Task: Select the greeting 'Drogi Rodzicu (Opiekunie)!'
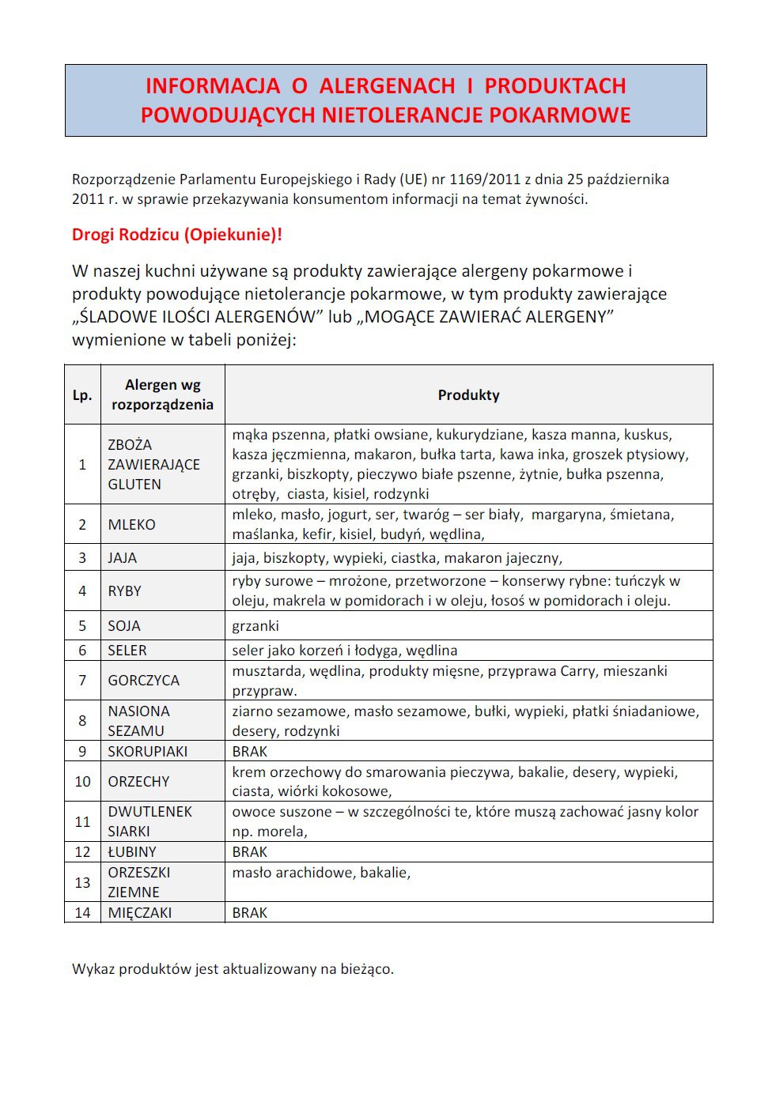176,235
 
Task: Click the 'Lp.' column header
82,395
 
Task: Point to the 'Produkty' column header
468,395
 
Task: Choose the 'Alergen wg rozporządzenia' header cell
162,395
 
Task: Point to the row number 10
82,782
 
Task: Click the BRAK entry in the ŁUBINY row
250,852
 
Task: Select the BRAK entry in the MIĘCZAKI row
250,913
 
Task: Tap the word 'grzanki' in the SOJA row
256,626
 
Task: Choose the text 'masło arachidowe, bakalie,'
321,873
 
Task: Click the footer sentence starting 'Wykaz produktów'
233,969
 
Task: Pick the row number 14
82,913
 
